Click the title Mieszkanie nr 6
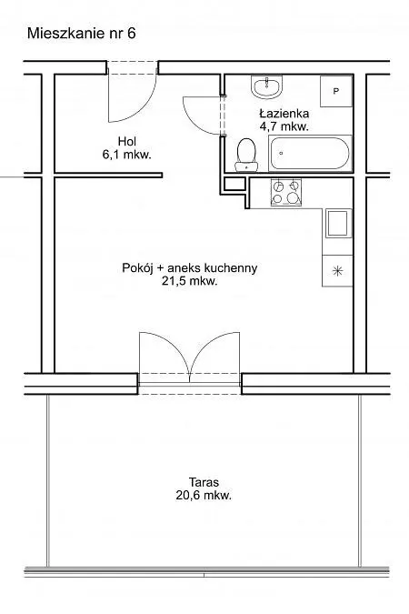coord(82,34)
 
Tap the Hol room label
coord(127,141)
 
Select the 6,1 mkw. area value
coord(127,155)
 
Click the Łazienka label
coord(284,114)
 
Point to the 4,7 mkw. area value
coord(284,126)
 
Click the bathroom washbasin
coord(266,87)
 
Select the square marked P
coord(336,91)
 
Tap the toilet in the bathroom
coord(246,155)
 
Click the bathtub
coord(310,153)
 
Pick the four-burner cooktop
coord(286,192)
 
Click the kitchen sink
coord(338,224)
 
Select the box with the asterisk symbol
coord(337,271)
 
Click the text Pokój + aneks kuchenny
coord(190,268)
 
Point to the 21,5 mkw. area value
coord(190,281)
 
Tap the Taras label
coord(204,481)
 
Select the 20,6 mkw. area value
coord(204,496)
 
